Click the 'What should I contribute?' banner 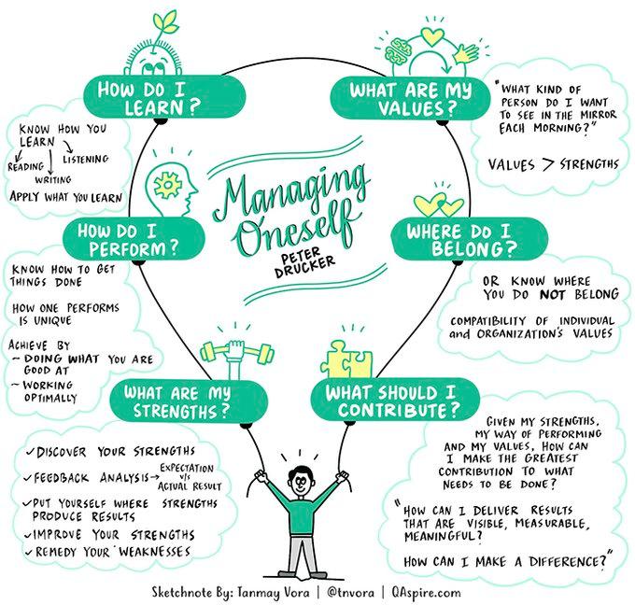tap(388, 400)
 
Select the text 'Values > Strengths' tap(553, 164)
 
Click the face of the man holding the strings tap(300, 484)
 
